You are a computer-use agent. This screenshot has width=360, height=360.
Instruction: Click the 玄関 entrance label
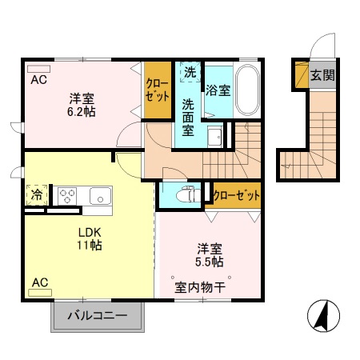(x=322, y=76)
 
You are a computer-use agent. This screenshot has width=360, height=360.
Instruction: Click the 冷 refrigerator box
(x=35, y=194)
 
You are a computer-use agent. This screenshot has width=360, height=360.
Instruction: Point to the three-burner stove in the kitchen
(x=66, y=194)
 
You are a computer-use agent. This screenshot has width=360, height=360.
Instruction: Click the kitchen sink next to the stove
(x=100, y=194)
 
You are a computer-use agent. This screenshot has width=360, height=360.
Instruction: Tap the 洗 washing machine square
(x=189, y=72)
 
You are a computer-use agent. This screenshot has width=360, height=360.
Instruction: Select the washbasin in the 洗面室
(x=214, y=137)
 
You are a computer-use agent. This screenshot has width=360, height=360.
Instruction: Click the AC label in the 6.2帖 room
(x=38, y=78)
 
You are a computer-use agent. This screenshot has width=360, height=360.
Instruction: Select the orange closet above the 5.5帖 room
(x=237, y=194)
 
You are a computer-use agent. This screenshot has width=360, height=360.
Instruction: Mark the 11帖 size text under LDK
(x=89, y=244)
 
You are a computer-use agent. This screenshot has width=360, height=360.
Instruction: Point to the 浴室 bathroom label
(x=218, y=90)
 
